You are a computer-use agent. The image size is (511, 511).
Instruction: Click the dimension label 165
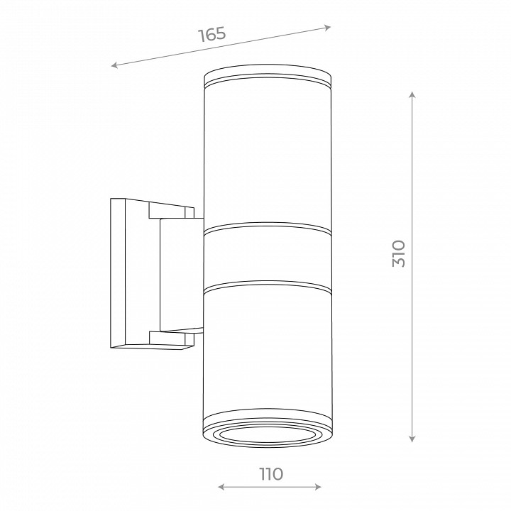pos(212,34)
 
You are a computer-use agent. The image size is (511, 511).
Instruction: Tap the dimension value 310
pos(399,254)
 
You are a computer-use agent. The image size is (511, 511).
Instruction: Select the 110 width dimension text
pos(271,474)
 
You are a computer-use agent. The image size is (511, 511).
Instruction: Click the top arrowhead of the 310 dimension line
pos(412,95)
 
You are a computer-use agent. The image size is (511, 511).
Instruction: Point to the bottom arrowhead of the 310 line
pos(412,439)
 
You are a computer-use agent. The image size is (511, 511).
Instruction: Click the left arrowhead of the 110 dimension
pos(221,487)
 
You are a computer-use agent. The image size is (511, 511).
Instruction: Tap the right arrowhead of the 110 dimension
pos(318,487)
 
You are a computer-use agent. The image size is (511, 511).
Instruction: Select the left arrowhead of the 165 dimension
pos(114,65)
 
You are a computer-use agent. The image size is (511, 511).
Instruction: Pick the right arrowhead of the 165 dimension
pos(327,28)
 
